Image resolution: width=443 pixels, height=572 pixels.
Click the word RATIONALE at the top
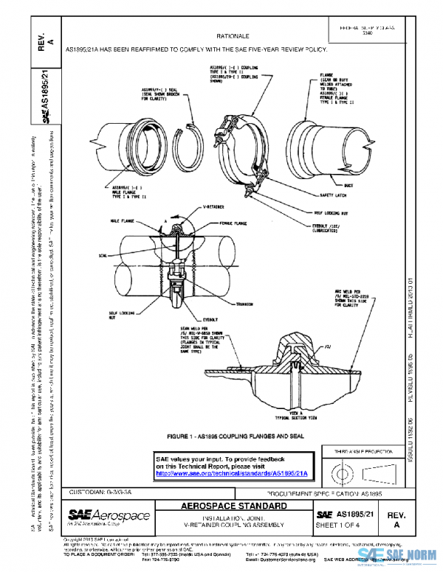coord(234,35)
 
